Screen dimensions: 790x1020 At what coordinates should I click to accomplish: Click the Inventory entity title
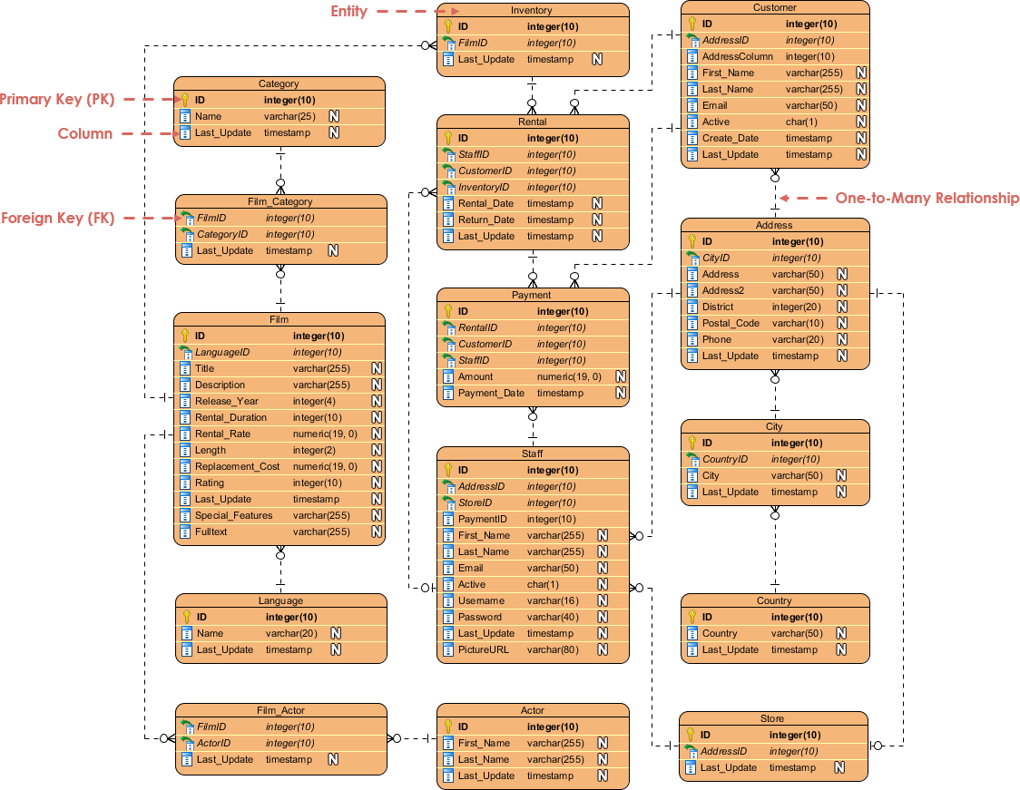(x=532, y=10)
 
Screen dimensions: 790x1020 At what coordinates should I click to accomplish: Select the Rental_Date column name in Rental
(x=485, y=203)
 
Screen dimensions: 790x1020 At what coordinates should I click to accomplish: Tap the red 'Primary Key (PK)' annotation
(x=57, y=99)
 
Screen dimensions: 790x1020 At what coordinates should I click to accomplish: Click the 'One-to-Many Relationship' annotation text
(x=927, y=198)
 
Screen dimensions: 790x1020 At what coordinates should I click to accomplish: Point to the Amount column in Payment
(x=476, y=376)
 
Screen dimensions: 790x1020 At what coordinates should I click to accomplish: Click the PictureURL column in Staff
(x=484, y=649)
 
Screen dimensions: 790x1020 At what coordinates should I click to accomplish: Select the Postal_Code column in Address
(x=731, y=323)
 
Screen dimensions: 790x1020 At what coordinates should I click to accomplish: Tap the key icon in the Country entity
(x=691, y=617)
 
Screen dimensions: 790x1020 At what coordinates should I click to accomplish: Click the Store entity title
(x=772, y=718)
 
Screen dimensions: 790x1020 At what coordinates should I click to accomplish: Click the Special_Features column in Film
(x=233, y=515)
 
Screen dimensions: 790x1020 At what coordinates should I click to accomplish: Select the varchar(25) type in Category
(x=289, y=116)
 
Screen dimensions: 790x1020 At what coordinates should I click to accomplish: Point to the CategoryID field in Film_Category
(x=222, y=234)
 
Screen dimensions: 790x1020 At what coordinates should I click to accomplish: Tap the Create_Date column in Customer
(x=730, y=138)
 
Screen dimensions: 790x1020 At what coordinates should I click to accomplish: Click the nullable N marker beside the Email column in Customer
(x=861, y=105)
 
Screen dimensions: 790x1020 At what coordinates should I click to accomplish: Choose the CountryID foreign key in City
(x=725, y=459)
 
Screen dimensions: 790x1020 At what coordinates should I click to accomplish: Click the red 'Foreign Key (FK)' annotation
(x=57, y=218)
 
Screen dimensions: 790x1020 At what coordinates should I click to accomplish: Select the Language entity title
(x=280, y=600)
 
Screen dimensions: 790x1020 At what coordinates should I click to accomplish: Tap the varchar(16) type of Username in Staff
(x=553, y=600)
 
